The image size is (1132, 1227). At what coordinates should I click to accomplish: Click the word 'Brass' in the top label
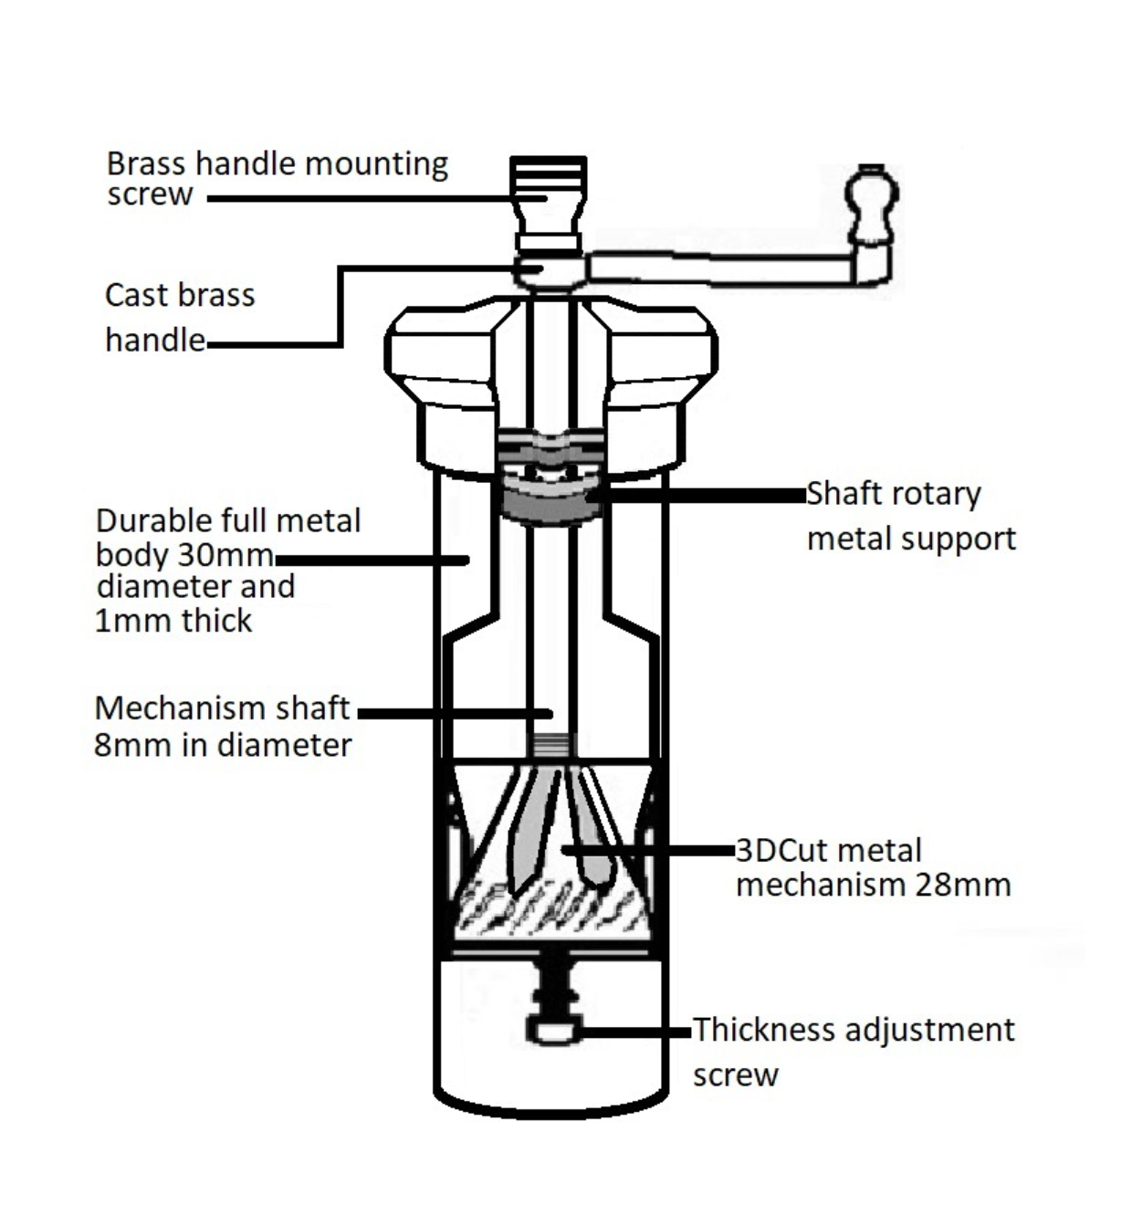(x=147, y=163)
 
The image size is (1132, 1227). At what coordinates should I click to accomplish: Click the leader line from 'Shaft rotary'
(x=703, y=495)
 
